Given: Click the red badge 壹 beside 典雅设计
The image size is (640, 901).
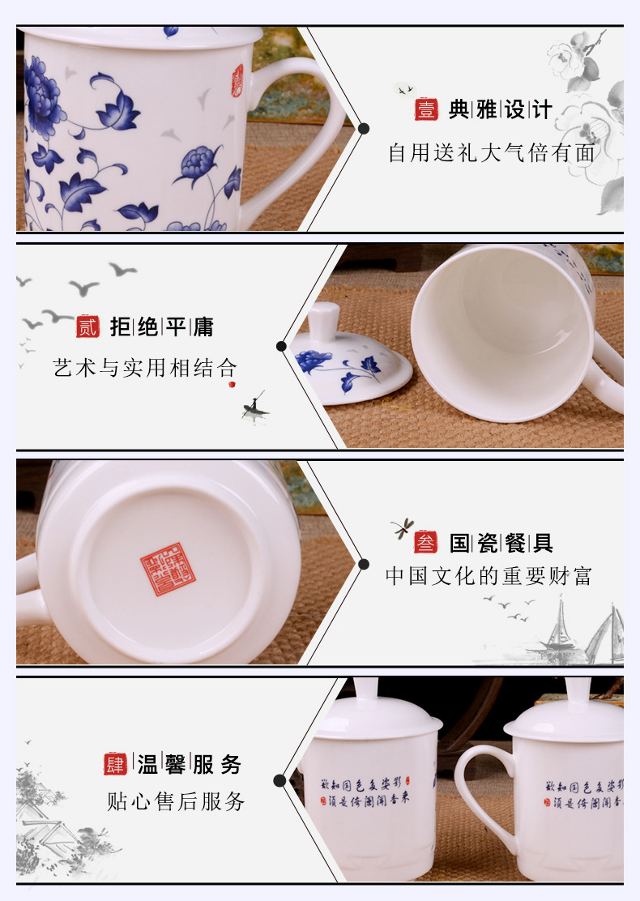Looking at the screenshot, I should click(426, 109).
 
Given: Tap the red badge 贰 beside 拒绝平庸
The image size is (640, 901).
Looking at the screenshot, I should click(87, 327).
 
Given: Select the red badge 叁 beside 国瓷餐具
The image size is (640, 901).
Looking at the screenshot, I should click(425, 542).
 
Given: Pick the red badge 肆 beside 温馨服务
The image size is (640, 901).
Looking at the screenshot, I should click(115, 763).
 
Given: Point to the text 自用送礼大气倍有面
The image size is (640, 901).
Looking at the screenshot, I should click(492, 152).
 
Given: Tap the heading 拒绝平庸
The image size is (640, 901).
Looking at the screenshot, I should click(162, 327).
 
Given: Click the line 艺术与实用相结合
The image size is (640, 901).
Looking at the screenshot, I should click(139, 368).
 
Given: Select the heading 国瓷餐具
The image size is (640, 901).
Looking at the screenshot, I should click(501, 542).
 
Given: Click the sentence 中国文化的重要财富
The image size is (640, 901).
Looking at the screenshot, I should click(489, 576).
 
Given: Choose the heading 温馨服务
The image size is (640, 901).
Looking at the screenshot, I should click(190, 763).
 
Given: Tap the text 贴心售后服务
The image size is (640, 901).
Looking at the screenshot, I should click(176, 802).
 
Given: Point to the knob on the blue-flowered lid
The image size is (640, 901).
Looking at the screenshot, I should click(325, 318).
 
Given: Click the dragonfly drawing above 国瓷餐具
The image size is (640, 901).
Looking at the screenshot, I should click(402, 529).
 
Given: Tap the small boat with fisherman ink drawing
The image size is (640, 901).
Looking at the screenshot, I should click(254, 405).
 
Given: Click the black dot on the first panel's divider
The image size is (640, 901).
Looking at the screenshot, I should click(364, 128).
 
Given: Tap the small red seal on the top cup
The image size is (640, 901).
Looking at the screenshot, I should click(237, 76).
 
